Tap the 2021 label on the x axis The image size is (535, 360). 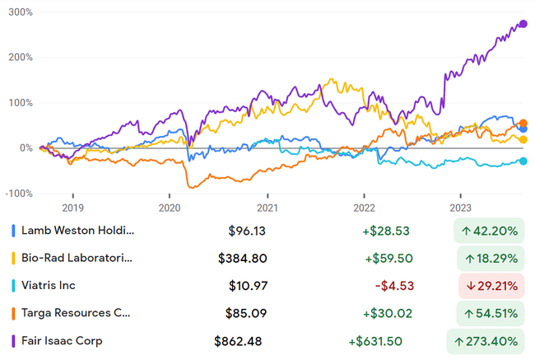[267, 209]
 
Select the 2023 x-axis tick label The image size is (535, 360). [460, 209]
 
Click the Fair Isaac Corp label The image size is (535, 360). [63, 341]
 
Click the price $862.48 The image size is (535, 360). [240, 341]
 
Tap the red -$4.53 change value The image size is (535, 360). [393, 286]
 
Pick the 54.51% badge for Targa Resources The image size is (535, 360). [489, 313]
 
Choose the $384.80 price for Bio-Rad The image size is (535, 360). [243, 259]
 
